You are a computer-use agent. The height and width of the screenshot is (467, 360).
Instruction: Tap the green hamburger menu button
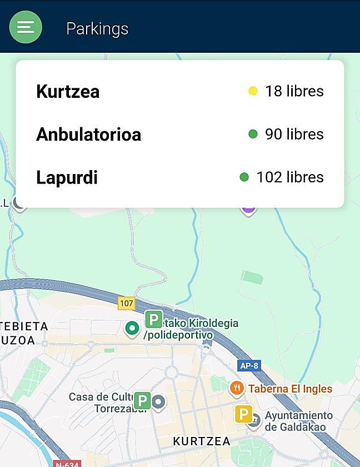point(26,27)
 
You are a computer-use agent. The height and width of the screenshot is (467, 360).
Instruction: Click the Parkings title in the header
point(97,29)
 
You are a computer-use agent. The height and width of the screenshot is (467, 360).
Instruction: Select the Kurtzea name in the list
point(68,92)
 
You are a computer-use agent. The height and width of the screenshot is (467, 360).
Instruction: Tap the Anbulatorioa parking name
point(88,135)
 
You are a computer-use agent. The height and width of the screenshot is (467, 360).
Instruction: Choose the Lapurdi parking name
point(67,178)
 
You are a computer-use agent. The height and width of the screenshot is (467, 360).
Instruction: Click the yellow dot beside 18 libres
point(253,91)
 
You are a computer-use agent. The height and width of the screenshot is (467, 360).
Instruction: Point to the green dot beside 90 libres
point(253,134)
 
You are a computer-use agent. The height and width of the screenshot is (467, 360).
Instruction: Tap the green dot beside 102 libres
point(244,177)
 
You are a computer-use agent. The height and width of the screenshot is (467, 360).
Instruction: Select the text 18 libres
point(294,91)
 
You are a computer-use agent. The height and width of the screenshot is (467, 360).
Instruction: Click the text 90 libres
point(294,134)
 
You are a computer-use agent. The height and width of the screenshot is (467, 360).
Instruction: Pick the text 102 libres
point(289,177)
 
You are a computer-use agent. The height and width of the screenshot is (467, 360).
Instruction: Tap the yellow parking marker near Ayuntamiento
point(243,414)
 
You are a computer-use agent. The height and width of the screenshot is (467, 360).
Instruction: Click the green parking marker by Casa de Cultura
point(142,400)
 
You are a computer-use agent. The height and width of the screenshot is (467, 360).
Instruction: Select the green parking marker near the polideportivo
point(153,319)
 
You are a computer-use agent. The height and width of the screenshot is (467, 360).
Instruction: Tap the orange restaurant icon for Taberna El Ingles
point(237,388)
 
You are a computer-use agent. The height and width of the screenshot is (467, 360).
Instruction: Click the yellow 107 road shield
point(127,304)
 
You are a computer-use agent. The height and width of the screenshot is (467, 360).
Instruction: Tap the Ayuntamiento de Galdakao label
point(298,421)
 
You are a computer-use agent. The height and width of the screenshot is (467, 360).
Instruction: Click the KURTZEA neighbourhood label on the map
point(201,441)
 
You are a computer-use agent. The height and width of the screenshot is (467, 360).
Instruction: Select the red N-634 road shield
point(67,464)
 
